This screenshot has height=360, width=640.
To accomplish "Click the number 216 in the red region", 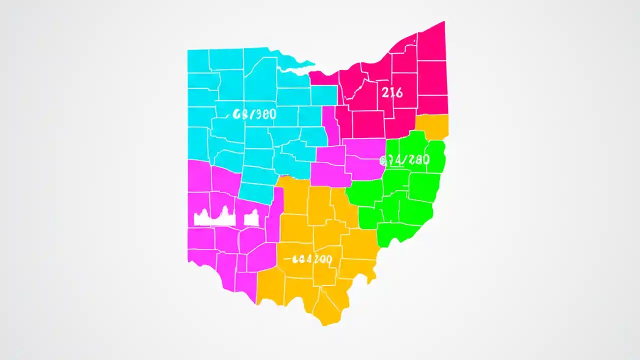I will point(392,92).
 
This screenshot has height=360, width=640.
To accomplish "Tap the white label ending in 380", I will point(254,114).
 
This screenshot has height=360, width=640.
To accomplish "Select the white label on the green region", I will point(404,160).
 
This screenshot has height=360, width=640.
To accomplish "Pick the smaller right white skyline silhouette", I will point(251,217).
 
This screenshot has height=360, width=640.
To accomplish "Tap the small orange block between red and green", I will point(432,125).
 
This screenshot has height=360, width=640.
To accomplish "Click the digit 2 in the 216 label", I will point(385,92).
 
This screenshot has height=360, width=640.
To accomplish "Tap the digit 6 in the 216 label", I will point(399,92).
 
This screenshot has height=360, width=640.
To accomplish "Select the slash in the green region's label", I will point(403,160).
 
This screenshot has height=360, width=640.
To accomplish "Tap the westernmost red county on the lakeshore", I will point(323,77).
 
